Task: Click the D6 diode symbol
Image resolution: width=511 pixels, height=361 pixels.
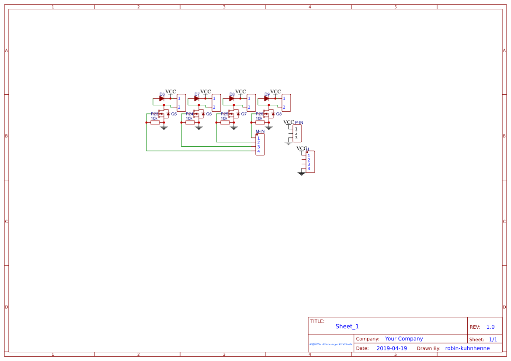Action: click(161, 99)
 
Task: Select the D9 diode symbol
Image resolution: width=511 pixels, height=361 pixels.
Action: click(266, 99)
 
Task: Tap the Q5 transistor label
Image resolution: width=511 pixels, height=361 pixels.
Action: click(174, 114)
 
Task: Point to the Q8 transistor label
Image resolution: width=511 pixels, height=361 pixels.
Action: click(279, 114)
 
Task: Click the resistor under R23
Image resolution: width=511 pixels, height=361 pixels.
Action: click(155, 123)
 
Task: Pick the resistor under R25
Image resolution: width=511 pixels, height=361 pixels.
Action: click(225, 123)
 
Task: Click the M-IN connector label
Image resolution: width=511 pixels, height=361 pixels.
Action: click(260, 131)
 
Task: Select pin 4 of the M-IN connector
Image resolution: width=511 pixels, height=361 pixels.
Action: click(258, 151)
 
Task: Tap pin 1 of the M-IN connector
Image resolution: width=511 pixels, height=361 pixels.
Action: click(258, 138)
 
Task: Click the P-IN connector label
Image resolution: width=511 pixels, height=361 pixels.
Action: click(299, 123)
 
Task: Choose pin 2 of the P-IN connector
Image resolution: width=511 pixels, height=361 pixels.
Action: click(296, 133)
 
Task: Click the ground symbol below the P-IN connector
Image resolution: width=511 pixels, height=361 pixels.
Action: click(288, 143)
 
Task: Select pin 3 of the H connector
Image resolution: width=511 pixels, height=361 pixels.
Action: click(309, 164)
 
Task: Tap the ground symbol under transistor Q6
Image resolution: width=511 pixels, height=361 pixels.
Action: click(199, 128)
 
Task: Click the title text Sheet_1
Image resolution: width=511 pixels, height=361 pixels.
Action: click(347, 327)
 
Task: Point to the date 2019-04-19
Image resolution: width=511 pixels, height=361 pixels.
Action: click(392, 348)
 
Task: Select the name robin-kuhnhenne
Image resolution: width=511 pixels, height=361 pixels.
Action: click(467, 348)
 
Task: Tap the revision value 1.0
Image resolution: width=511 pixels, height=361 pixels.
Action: click(490, 327)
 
